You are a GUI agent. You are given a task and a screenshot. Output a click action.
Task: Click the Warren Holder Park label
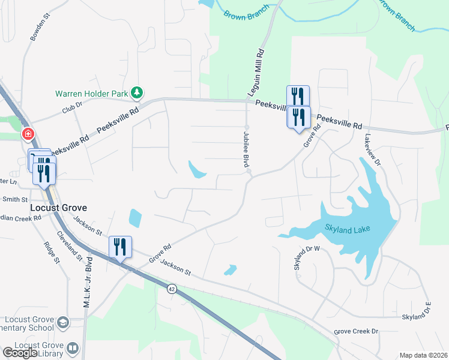coord(93,94)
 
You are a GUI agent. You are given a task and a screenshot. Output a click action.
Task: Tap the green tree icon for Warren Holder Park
coord(138,92)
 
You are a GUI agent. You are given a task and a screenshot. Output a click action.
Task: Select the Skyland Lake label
coord(348,229)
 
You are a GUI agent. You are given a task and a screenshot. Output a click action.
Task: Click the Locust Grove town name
coord(58,208)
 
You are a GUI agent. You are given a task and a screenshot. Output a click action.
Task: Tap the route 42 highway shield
coord(172,289)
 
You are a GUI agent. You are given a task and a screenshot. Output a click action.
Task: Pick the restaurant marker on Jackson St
coord(119,247)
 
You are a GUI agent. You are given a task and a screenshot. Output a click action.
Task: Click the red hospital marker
coord(28,134)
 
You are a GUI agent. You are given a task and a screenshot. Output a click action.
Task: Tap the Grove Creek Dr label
coord(357,331)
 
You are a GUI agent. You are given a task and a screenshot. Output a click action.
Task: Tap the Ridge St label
coord(52,253)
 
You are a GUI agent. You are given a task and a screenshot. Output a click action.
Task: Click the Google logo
coord(20,353)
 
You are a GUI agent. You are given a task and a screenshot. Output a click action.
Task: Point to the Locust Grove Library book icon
coord(73,348)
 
